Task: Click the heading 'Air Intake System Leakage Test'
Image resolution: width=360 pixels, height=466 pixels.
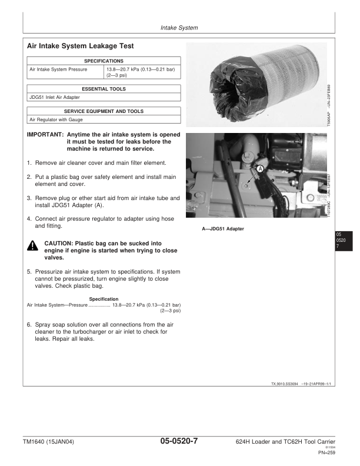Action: [81, 45]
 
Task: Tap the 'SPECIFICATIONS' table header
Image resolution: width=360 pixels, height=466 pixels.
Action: [104, 61]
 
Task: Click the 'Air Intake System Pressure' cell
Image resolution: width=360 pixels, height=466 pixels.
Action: [58, 69]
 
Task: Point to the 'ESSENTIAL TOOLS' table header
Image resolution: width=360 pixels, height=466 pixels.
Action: [104, 89]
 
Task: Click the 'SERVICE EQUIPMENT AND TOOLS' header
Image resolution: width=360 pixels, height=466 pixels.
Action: [104, 111]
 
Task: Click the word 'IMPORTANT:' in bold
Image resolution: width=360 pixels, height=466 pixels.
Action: [45, 134]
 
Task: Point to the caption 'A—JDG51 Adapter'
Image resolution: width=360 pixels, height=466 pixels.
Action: [223, 228]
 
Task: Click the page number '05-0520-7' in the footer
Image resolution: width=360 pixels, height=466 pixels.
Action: [179, 441]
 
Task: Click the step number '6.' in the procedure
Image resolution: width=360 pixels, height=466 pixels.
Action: [29, 324]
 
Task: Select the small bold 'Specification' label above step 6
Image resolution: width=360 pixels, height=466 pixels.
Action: [104, 299]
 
